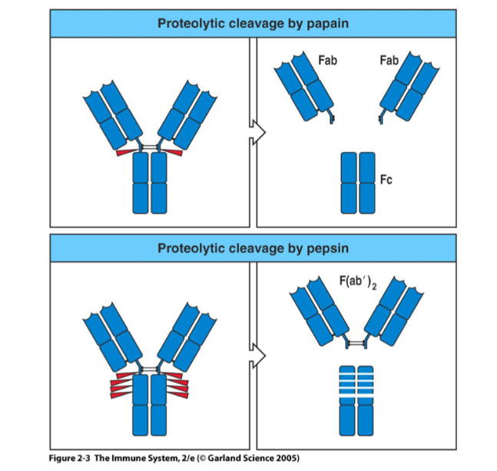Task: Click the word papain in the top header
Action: [x=323, y=23]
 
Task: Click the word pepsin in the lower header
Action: [x=323, y=248]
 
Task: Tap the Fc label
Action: [x=386, y=181]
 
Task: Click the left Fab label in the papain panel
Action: [x=328, y=59]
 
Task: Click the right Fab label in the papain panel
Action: [x=389, y=59]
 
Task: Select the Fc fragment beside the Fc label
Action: [x=357, y=182]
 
